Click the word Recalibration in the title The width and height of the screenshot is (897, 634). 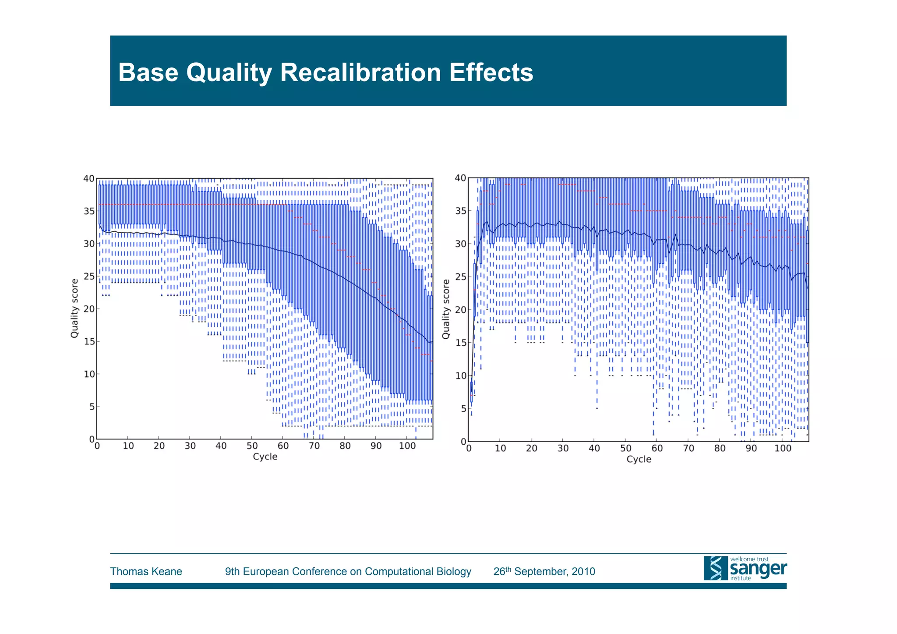click(x=360, y=73)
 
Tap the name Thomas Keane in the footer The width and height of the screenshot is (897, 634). click(x=146, y=571)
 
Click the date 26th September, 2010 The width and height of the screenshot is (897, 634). click(x=544, y=571)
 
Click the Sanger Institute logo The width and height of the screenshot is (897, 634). click(x=745, y=568)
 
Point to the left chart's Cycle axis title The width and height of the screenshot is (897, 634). click(x=265, y=457)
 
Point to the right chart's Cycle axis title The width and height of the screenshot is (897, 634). click(x=639, y=459)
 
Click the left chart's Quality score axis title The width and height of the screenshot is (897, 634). click(x=74, y=308)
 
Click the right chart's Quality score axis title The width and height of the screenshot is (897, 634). click(x=445, y=309)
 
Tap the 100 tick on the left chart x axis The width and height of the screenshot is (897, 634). click(x=407, y=446)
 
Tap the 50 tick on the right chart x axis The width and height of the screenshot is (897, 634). click(x=625, y=448)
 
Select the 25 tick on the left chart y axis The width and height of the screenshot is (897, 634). click(x=89, y=276)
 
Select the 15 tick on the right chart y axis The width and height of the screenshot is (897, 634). click(x=460, y=343)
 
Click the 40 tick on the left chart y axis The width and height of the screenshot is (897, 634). click(x=89, y=178)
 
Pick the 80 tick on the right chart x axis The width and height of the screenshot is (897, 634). click(x=720, y=448)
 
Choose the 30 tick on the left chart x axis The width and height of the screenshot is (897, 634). click(x=190, y=446)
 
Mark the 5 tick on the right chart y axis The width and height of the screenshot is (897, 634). click(x=463, y=408)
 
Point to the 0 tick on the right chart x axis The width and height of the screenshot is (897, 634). click(x=469, y=448)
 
